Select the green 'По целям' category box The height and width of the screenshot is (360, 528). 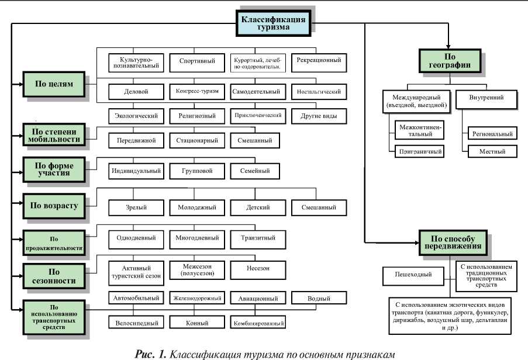54,84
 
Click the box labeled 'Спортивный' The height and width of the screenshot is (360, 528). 196,61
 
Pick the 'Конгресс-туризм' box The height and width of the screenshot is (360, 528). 196,92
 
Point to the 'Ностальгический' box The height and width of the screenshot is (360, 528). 319,92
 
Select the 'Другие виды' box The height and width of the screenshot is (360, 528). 319,116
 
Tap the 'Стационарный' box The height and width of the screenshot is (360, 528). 196,140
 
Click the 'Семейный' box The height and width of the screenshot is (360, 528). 254,171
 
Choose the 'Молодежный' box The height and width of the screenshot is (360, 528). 196,207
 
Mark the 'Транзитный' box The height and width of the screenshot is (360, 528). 254,238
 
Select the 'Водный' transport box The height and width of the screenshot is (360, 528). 319,298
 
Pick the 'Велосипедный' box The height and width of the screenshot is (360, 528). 135,322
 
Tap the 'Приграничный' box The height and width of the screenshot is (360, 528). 418,152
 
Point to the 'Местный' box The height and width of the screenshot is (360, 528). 492,152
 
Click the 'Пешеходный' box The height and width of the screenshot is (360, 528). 416,274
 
